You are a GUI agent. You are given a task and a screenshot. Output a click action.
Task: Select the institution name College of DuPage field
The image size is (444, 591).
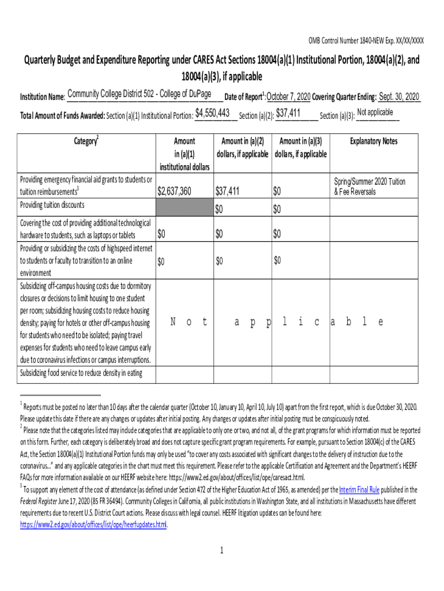coord(141,95)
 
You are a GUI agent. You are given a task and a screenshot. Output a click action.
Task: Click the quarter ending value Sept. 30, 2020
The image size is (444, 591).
coord(400,96)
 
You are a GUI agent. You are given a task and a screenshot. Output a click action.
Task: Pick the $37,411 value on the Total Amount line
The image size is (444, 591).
coord(292,113)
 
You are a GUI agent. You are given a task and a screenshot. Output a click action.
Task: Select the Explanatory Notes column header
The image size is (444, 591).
coord(373,141)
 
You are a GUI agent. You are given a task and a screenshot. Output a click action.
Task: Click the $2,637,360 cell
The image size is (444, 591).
coord(175,191)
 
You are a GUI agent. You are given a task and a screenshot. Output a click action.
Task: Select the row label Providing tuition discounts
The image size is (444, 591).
coord(52,205)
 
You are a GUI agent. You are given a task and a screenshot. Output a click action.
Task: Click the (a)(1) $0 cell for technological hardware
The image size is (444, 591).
coord(161,234)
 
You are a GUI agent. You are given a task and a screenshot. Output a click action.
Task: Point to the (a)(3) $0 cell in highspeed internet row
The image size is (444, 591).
coord(278,260)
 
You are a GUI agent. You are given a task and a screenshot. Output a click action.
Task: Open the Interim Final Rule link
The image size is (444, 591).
coord(359,489)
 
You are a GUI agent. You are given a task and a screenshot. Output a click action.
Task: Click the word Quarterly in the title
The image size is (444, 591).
coord(43,62)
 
